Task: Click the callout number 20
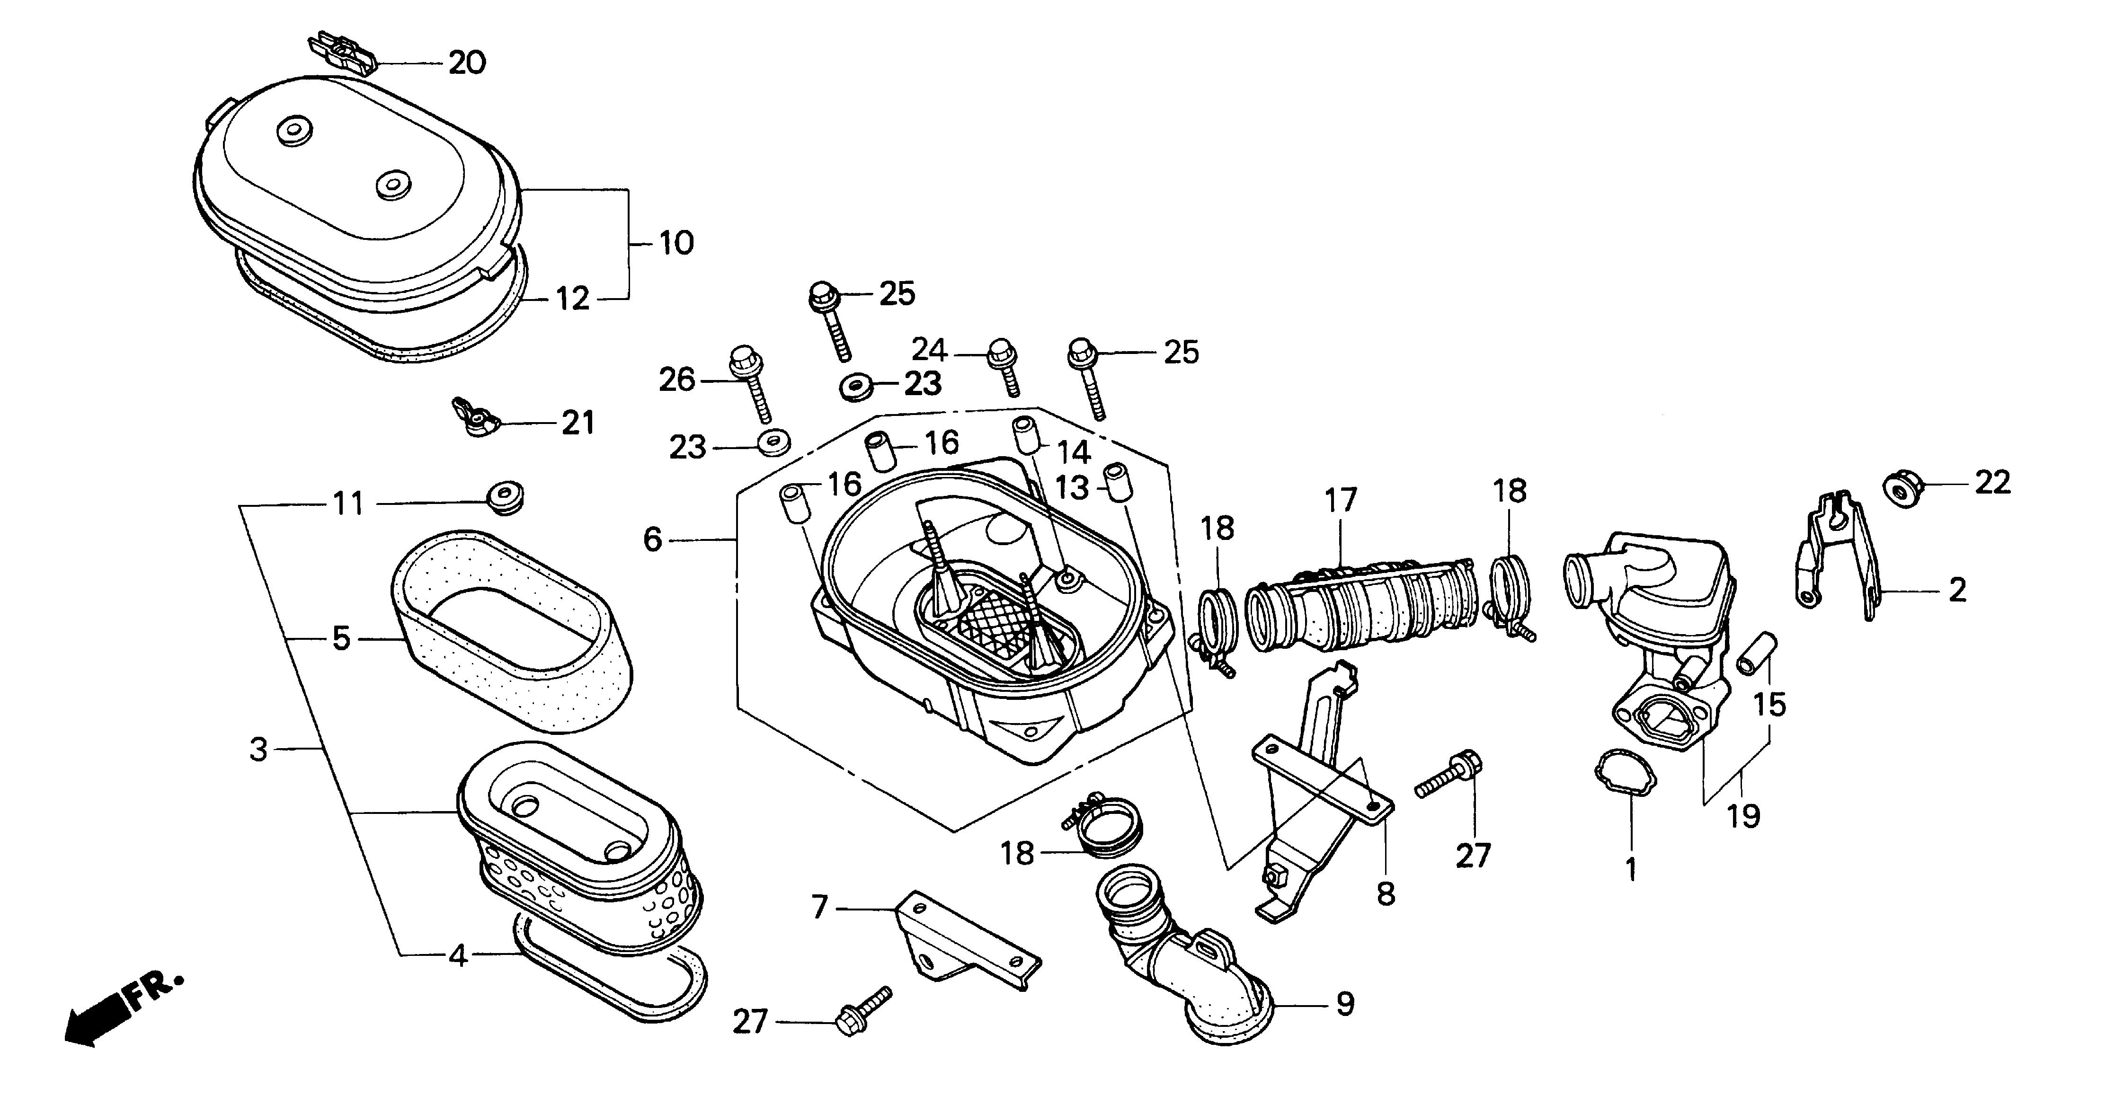[x=466, y=63]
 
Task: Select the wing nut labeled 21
[x=475, y=419]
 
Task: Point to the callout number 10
[x=676, y=243]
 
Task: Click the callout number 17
[x=1341, y=500]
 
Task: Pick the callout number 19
[x=1743, y=817]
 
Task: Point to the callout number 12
[x=572, y=299]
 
